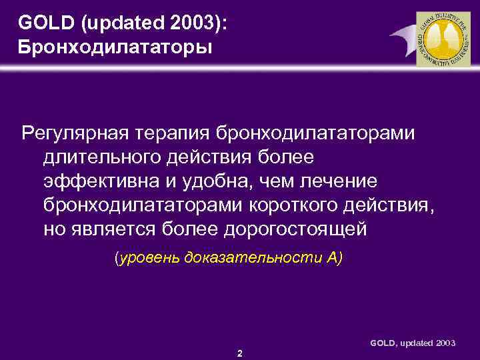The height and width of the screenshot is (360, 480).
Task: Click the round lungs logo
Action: (443, 39)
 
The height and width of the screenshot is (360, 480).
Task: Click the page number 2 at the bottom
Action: (239, 353)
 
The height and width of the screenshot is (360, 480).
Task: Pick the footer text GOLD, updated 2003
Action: (413, 342)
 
